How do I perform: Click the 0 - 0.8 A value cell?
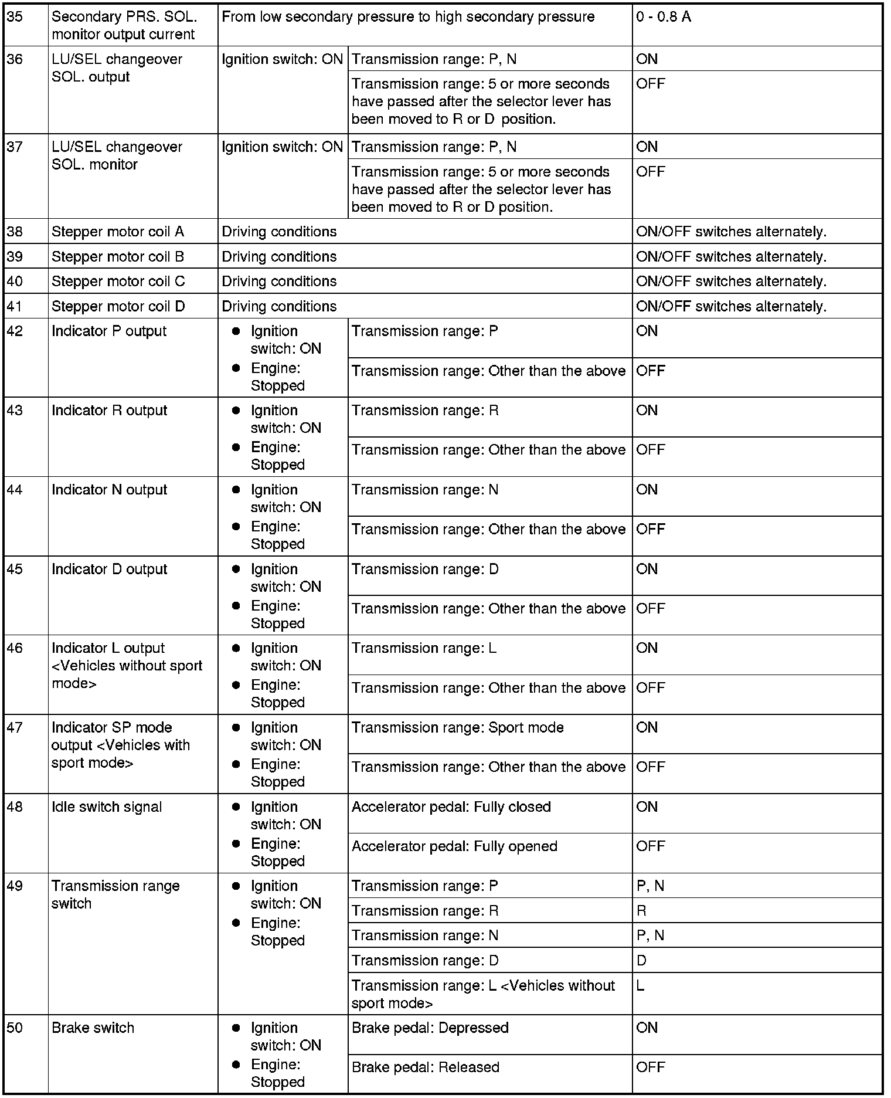point(664,18)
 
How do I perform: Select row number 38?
point(15,232)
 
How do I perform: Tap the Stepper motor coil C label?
point(118,282)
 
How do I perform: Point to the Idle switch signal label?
point(107,807)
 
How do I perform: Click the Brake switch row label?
point(93,1028)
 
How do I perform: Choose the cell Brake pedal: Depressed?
point(430,1028)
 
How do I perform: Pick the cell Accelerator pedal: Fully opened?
point(454,846)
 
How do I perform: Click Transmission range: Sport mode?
point(457,728)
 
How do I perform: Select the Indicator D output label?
point(109,570)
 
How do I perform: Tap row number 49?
point(15,886)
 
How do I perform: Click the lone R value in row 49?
point(641,911)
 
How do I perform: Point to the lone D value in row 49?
point(641,961)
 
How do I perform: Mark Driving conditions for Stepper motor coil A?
point(279,232)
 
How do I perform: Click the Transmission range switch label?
point(115,894)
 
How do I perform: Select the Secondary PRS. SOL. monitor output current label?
point(124,26)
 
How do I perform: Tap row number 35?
point(15,18)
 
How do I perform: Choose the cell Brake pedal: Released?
point(425,1067)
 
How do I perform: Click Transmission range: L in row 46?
point(424,649)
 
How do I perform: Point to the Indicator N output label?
point(109,490)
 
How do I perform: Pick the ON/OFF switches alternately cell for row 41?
point(731,307)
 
